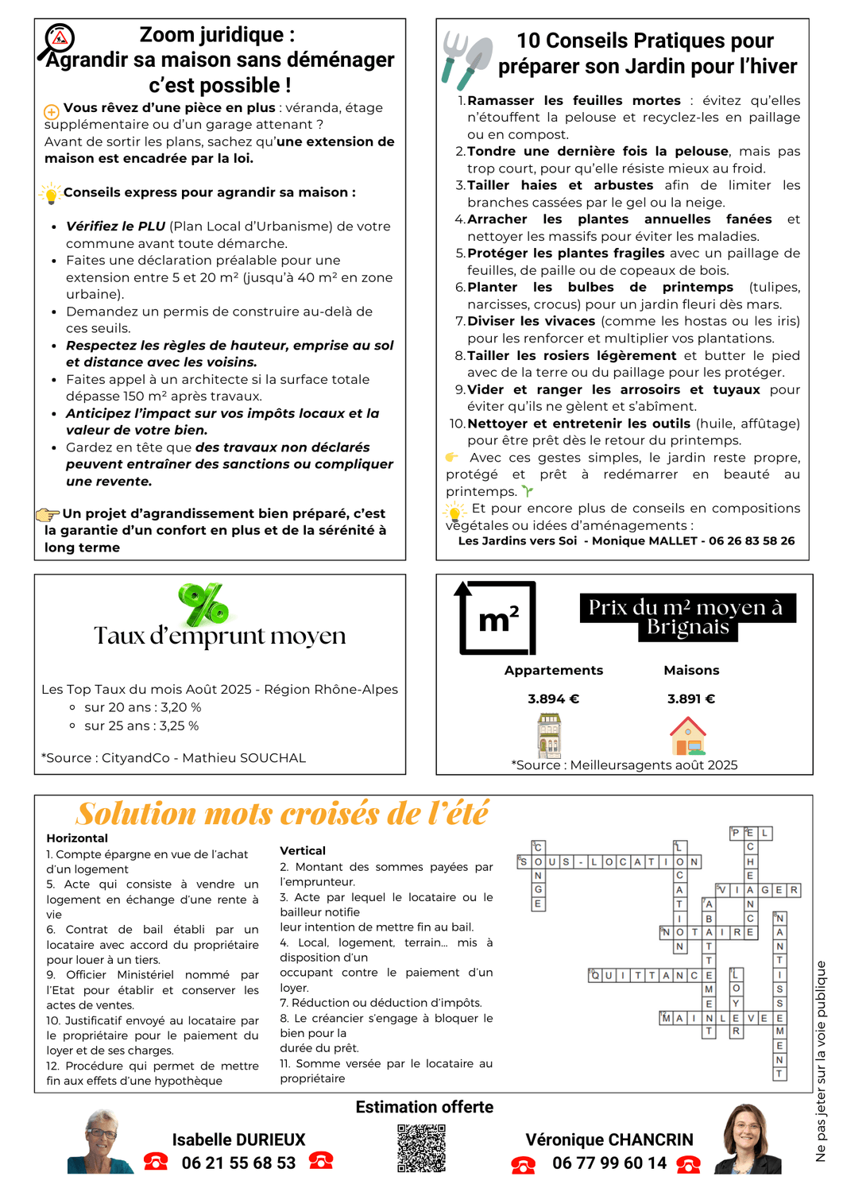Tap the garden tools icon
466,60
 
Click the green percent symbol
203,604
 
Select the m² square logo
497,617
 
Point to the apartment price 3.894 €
553,699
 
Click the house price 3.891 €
691,699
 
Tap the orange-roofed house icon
688,736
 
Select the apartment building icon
549,734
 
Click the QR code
421,1147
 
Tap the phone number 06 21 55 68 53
238,1163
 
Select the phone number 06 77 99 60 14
609,1163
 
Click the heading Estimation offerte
424,1107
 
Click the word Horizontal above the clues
77,838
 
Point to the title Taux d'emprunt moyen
220,636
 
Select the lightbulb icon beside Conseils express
50,193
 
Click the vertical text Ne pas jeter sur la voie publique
821,1061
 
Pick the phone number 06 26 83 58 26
752,541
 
